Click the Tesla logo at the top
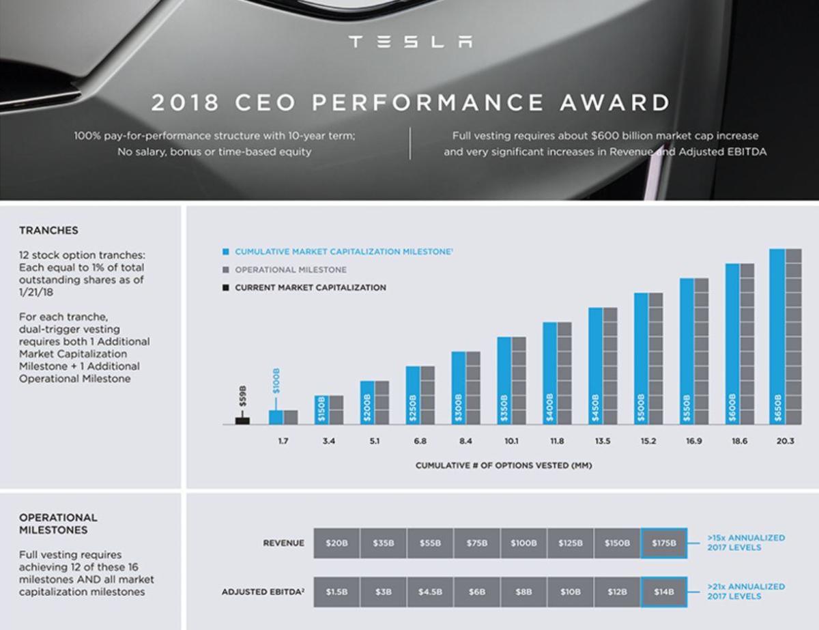pos(409,42)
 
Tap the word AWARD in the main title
pos(614,103)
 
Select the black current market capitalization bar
pos(242,420)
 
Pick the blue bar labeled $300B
pos(459,388)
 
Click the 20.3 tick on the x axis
pos(785,442)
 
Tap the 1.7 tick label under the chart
pos(283,442)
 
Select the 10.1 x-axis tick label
pos(511,442)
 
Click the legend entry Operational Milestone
pos(290,270)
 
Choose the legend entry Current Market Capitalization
pos(310,287)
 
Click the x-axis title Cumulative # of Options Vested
pos(504,466)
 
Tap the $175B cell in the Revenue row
pos(663,543)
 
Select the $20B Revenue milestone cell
pos(336,543)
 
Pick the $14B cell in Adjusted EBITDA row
pos(663,592)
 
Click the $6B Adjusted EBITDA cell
pos(476,592)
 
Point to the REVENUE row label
pos(283,543)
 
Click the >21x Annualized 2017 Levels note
pos(745,591)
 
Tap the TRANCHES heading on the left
pos(48,230)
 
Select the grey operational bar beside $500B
pos(656,358)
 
